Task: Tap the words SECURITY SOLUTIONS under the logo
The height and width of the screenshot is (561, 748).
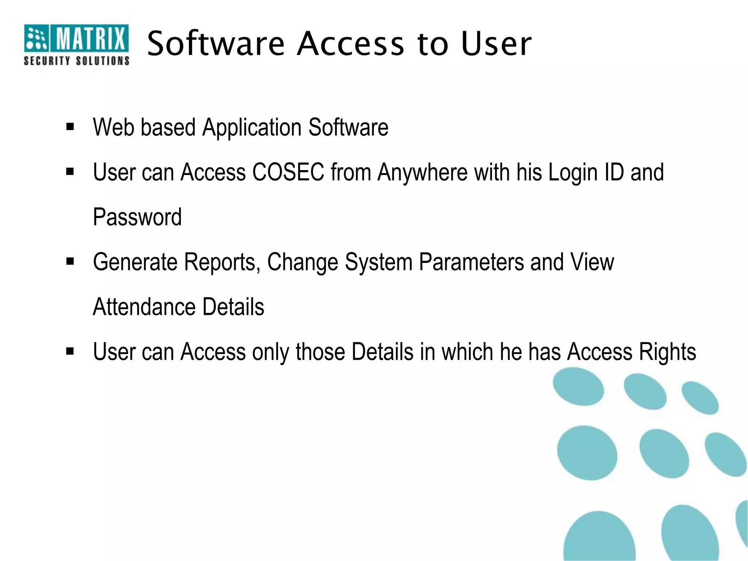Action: [76, 61]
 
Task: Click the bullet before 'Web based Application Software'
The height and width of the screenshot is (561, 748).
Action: [70, 127]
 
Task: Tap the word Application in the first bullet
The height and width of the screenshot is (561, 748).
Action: [252, 128]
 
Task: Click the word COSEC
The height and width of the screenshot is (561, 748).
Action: [288, 172]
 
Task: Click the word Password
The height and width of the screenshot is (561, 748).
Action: [137, 217]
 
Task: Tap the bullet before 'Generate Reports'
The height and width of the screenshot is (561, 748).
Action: [70, 262]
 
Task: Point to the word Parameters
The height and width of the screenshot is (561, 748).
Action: [471, 262]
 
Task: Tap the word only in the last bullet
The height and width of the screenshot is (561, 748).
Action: [271, 352]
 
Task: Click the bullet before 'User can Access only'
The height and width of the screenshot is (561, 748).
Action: [70, 351]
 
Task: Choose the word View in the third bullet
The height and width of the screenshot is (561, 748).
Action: [592, 262]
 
